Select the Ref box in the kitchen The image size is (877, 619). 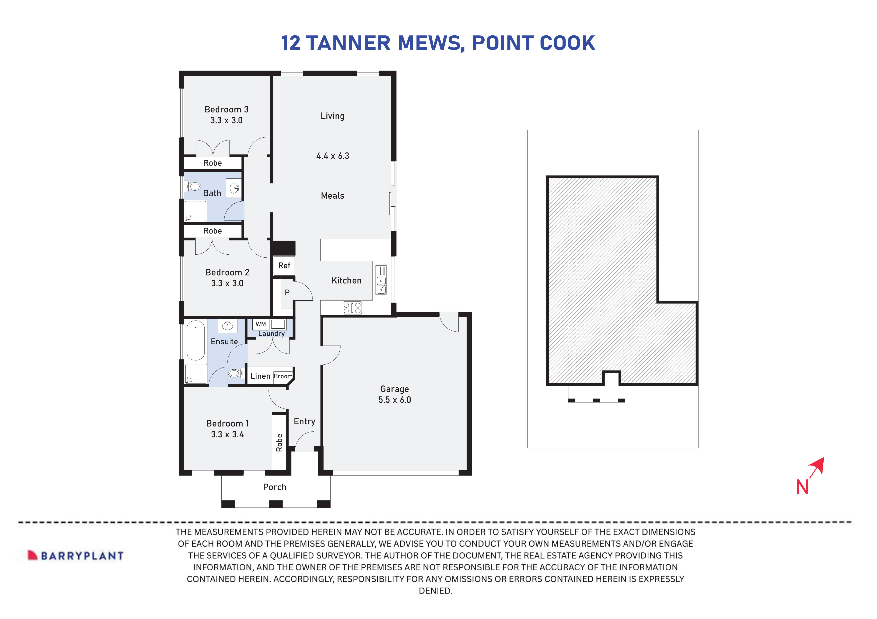tap(284, 266)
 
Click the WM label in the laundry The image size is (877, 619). tap(260, 324)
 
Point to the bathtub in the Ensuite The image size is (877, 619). tap(196, 341)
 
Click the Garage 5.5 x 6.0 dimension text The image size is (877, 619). tap(395, 400)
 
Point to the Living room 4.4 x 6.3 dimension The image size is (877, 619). tap(332, 156)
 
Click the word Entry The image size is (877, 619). tap(304, 421)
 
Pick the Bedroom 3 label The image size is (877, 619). tap(226, 110)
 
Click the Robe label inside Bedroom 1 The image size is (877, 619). tap(279, 443)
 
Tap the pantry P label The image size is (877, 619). tap(287, 293)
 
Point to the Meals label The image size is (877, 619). tap(332, 196)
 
